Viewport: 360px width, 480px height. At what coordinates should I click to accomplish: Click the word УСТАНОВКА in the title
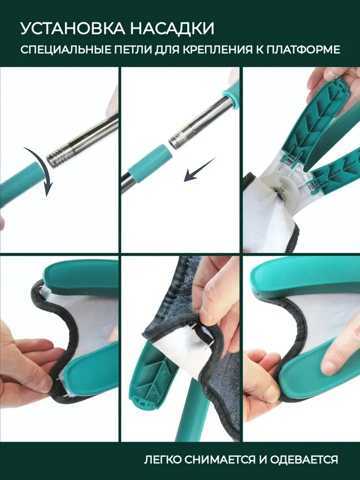click(72, 28)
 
